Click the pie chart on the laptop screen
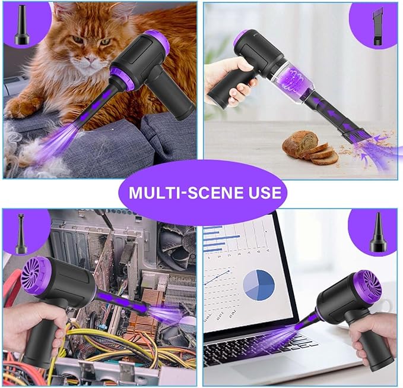(x=259, y=284)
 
